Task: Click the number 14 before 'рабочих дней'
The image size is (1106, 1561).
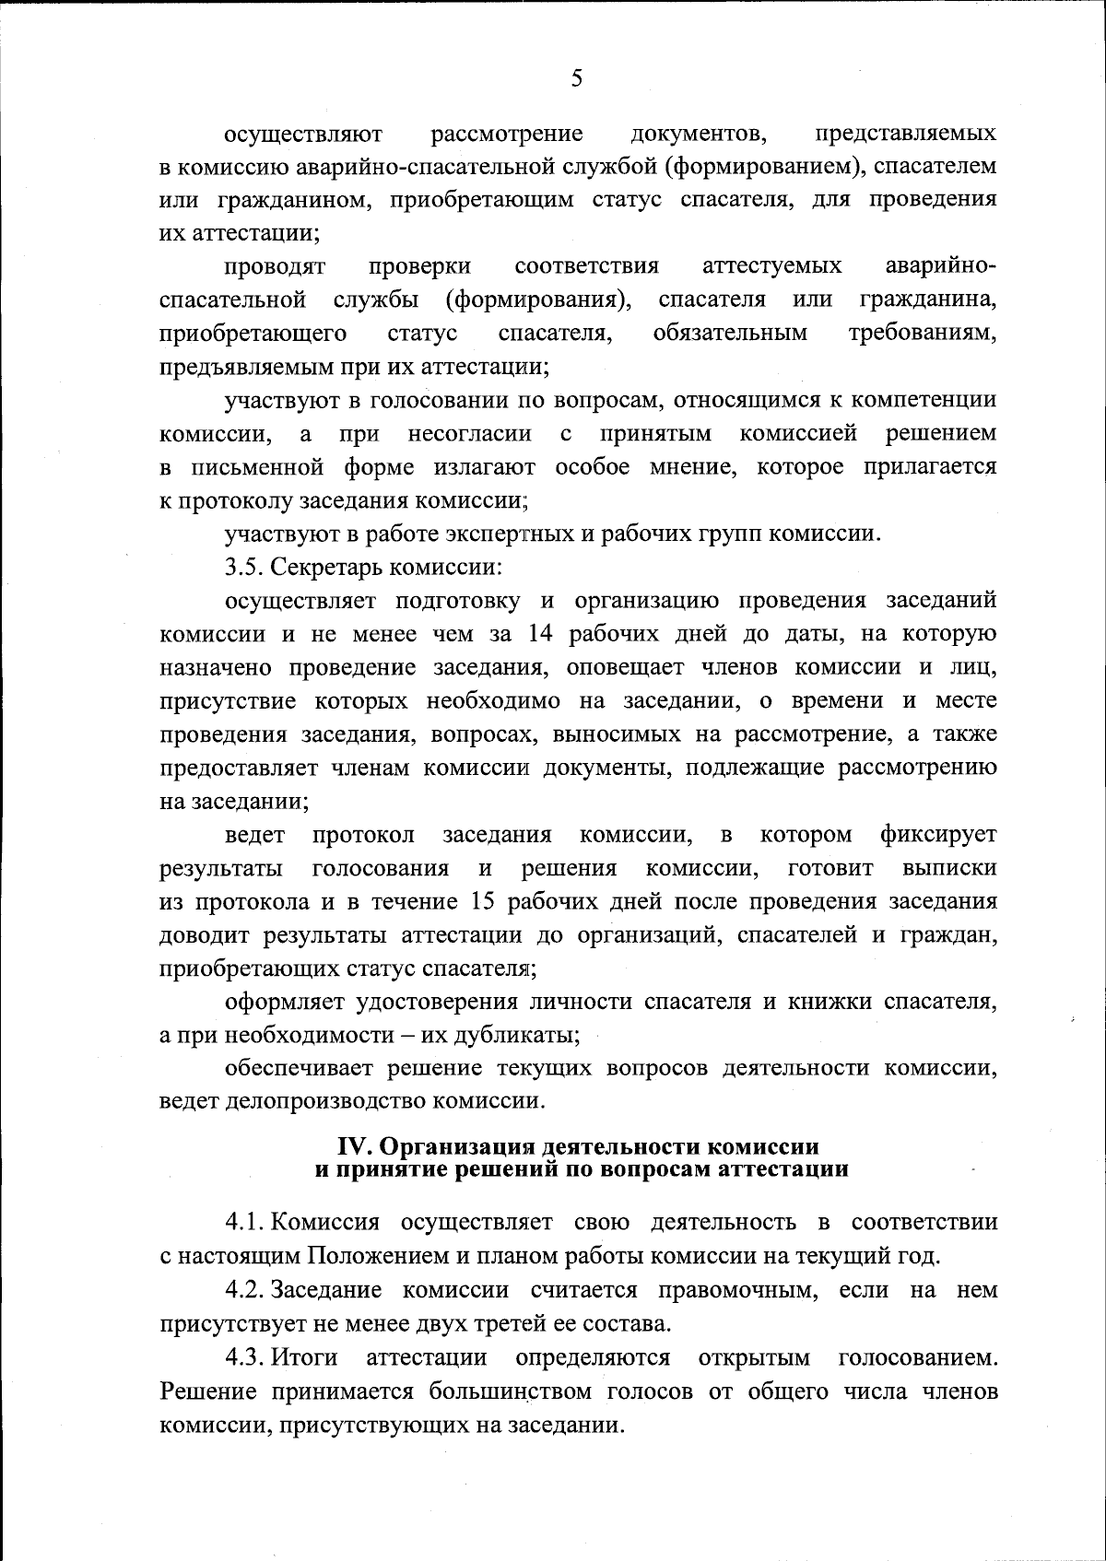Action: click(x=541, y=634)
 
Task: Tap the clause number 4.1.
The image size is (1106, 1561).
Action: click(x=245, y=1223)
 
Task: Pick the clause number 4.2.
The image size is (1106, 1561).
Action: click(x=245, y=1290)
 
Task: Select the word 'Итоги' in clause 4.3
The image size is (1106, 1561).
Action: click(x=306, y=1358)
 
